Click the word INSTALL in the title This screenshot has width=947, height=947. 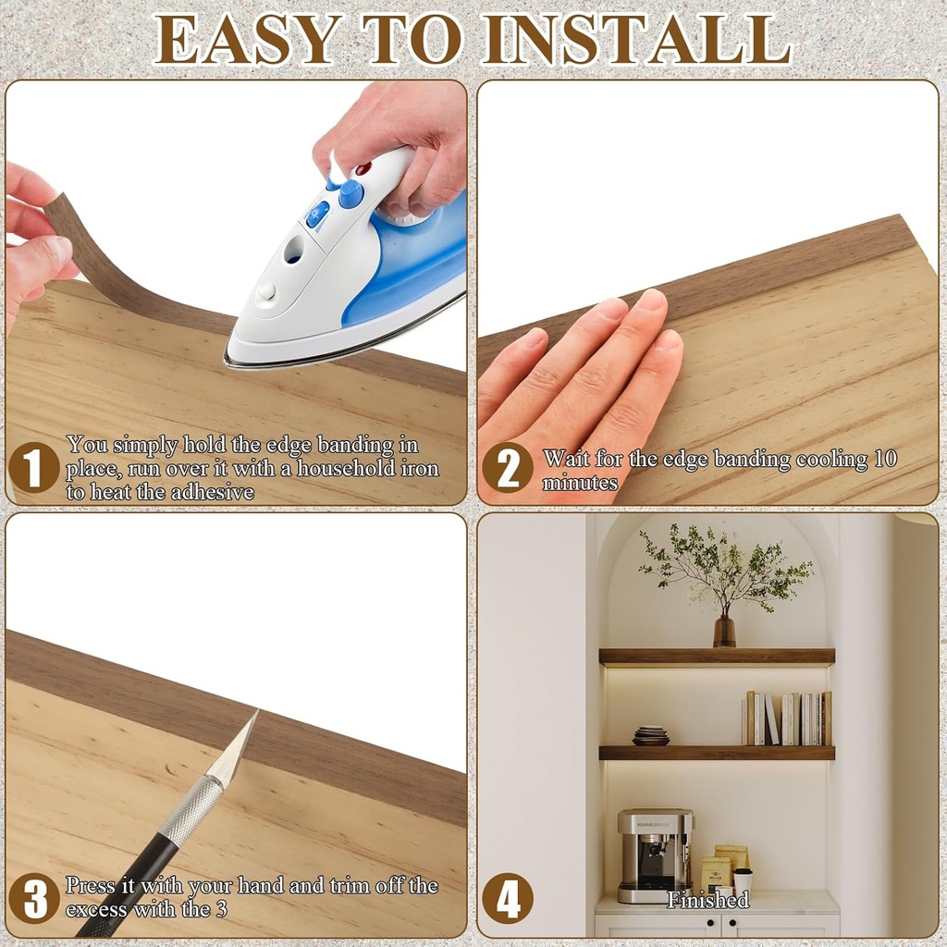click(x=637, y=38)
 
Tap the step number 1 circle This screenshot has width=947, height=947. click(x=34, y=467)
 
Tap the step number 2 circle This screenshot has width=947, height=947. click(x=508, y=467)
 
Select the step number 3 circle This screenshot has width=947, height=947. click(x=34, y=898)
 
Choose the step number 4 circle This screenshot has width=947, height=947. click(x=508, y=898)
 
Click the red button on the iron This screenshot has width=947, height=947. click(x=363, y=169)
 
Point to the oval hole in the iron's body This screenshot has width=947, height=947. click(x=294, y=249)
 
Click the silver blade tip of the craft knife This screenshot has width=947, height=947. click(x=239, y=745)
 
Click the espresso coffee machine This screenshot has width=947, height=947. click(x=655, y=854)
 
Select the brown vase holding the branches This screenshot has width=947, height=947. click(x=724, y=631)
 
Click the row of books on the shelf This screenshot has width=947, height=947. click(x=787, y=718)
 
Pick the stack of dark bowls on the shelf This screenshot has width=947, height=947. click(x=650, y=735)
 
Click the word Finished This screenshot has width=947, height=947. click(x=707, y=900)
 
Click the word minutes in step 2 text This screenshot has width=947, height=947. click(x=580, y=483)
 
